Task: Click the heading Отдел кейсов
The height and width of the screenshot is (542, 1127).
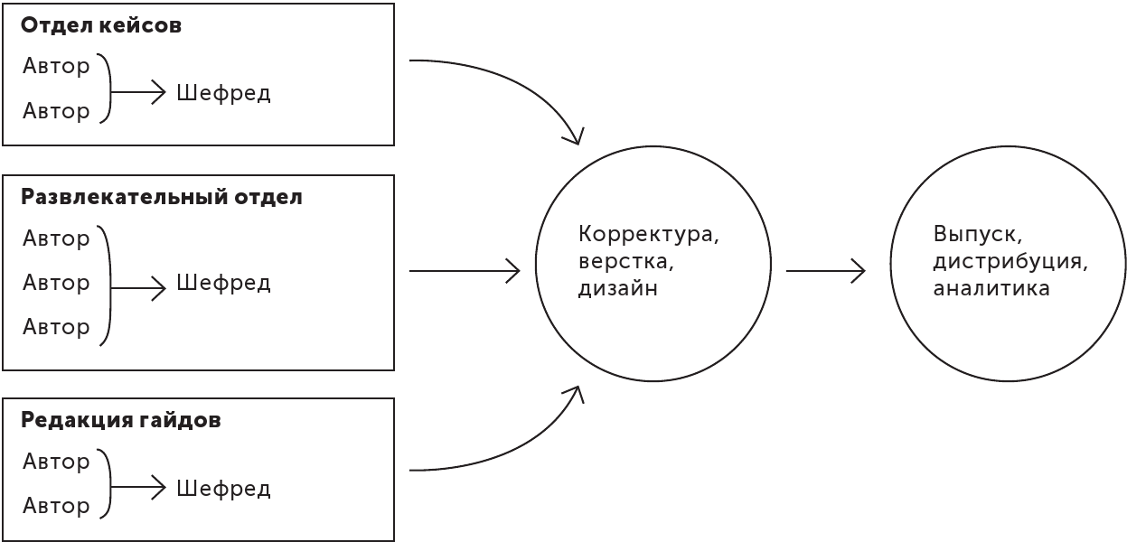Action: [x=100, y=25]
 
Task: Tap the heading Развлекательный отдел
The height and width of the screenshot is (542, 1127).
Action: [x=162, y=197]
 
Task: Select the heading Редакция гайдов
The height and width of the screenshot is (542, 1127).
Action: [x=120, y=420]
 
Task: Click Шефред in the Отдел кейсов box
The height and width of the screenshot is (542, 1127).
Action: [x=223, y=93]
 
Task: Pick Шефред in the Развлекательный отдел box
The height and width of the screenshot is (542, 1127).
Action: [x=223, y=283]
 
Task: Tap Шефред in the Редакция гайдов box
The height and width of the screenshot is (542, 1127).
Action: [x=223, y=489]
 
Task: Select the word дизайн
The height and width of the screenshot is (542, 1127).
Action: [x=617, y=289]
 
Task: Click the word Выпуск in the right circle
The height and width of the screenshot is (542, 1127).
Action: [x=977, y=234]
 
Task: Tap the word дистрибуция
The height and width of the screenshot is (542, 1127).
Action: [x=1010, y=262]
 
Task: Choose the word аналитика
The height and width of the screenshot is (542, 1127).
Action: [x=991, y=289]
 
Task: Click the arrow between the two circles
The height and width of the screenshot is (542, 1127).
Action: [x=825, y=270]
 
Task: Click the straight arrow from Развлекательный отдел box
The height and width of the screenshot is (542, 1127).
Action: [x=465, y=270]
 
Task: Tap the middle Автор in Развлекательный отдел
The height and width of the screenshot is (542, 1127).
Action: [x=56, y=283]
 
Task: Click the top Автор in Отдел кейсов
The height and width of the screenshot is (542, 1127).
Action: [x=56, y=66]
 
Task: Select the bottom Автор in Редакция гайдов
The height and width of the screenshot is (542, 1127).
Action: [x=56, y=506]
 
